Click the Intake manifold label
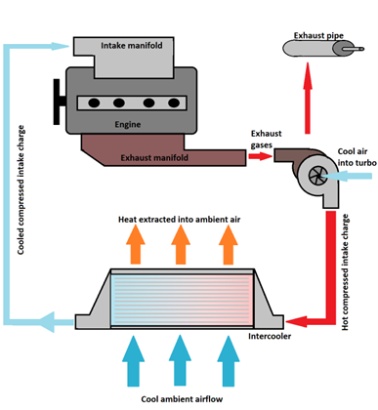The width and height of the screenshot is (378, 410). pyautogui.click(x=132, y=46)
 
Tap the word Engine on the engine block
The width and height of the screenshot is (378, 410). pyautogui.click(x=128, y=124)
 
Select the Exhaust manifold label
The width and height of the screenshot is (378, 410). pyautogui.click(x=154, y=158)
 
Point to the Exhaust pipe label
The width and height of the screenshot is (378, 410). pyautogui.click(x=318, y=35)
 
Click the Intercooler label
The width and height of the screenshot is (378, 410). pyautogui.click(x=270, y=336)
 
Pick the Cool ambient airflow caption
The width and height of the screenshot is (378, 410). pyautogui.click(x=182, y=399)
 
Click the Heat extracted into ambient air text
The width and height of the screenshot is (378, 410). pyautogui.click(x=179, y=220)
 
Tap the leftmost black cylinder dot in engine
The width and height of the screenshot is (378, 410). pyautogui.click(x=94, y=103)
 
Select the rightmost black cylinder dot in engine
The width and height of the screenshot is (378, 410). pyautogui.click(x=174, y=103)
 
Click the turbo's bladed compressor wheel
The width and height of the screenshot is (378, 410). pyautogui.click(x=315, y=176)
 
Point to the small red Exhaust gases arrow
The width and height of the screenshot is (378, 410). pyautogui.click(x=260, y=156)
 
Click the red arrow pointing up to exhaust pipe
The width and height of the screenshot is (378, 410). pyautogui.click(x=308, y=98)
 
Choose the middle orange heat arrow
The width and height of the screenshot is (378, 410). pyautogui.click(x=181, y=244)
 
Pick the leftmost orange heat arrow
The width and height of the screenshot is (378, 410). pyautogui.click(x=136, y=244)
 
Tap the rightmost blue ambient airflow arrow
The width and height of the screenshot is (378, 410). pyautogui.click(x=229, y=361)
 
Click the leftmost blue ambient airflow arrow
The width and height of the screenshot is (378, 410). pyautogui.click(x=133, y=361)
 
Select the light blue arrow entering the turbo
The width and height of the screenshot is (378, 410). pyautogui.click(x=346, y=176)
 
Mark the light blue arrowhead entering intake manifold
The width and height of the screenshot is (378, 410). pyautogui.click(x=61, y=46)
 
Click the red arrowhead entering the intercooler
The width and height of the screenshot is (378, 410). pyautogui.click(x=296, y=322)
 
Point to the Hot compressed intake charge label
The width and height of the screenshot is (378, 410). pyautogui.click(x=345, y=272)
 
